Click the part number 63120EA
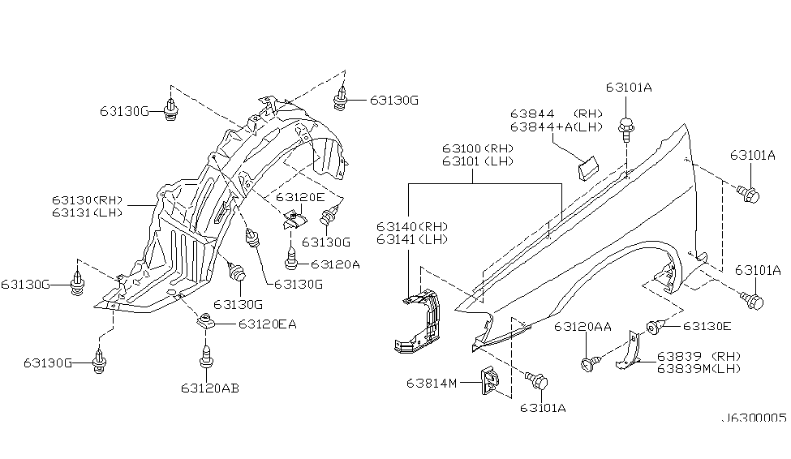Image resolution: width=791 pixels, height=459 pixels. coord(268,324)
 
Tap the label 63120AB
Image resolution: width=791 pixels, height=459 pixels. coord(210,388)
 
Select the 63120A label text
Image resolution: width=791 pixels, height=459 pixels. coord(336,264)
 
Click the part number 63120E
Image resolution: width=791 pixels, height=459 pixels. coord(300,197)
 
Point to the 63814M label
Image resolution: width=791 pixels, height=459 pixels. coord(432,384)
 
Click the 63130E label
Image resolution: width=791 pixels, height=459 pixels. coord(707,326)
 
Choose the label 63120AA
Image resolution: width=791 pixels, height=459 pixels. coord(583,327)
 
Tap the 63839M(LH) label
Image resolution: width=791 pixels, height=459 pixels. coord(699,369)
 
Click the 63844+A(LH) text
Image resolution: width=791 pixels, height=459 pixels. coord(557,127)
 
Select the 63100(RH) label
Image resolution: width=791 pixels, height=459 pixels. coord(478,148)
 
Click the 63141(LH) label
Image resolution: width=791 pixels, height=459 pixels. coord(412,239)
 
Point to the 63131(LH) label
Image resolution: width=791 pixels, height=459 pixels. coord(88,212)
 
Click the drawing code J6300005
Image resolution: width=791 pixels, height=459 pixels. coord(754,418)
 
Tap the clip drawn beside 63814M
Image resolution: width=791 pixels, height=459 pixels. coord(489,380)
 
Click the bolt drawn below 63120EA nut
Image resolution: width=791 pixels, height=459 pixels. coord(207,356)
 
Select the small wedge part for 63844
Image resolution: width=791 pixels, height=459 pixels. coord(587,167)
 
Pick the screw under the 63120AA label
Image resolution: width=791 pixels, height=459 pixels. coord(591,363)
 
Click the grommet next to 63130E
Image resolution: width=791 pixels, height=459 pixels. coord(653,328)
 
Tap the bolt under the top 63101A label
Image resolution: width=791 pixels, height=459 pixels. coord(625,129)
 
